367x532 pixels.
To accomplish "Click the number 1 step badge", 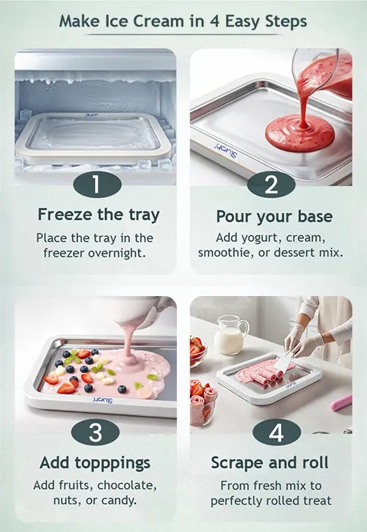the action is pos(97,185).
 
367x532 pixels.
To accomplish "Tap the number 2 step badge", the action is pos(271,185).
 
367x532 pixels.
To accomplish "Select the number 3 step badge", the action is pos(95,432).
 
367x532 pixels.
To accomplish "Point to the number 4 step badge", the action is pos(277,432).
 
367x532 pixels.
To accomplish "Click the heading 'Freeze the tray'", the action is pos(98,215).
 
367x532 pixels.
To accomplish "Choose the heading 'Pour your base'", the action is pos(275,217).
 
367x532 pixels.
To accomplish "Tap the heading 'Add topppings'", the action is pos(95,463).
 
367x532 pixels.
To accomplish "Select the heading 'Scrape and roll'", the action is pos(270,463).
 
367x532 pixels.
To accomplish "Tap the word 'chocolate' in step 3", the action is pos(127,486).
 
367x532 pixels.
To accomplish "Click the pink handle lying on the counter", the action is pos(341,402).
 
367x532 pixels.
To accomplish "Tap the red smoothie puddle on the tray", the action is pos(299,133).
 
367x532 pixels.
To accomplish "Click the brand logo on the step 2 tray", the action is pos(226,149).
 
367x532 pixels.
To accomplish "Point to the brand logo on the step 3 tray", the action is pos(103,400).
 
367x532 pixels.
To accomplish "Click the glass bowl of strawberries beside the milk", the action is pos(197,351).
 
